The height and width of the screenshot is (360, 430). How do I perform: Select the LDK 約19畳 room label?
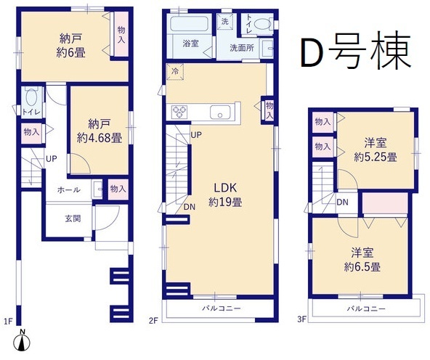click(225, 195)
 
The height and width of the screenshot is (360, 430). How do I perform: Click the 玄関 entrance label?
click(73, 218)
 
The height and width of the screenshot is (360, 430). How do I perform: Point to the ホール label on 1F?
click(69, 189)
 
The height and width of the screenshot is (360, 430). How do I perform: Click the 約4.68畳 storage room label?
click(100, 131)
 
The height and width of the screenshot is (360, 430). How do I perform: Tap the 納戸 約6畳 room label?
click(70, 46)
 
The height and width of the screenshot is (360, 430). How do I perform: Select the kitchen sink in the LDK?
click(220, 112)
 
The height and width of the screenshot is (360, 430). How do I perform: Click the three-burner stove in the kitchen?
click(179, 112)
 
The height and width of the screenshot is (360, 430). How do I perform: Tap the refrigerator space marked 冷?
click(174, 72)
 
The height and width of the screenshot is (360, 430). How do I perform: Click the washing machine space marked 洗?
click(225, 21)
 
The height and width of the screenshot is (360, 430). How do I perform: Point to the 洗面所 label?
click(242, 48)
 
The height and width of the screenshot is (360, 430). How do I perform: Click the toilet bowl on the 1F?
click(31, 97)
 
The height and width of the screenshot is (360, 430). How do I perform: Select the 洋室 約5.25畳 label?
click(376, 150)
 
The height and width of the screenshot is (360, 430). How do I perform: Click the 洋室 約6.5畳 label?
click(362, 260)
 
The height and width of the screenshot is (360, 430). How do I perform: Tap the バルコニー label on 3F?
click(366, 308)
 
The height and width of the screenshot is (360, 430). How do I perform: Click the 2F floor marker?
click(153, 320)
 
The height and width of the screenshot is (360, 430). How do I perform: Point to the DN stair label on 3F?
click(342, 202)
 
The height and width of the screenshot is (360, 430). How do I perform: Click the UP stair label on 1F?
click(52, 159)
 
